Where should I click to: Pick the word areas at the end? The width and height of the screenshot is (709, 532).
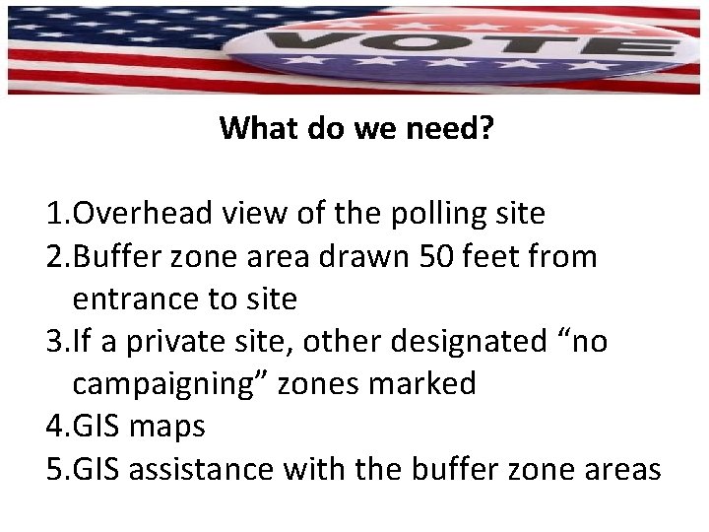620,470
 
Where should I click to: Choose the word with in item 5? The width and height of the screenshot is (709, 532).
310,470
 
